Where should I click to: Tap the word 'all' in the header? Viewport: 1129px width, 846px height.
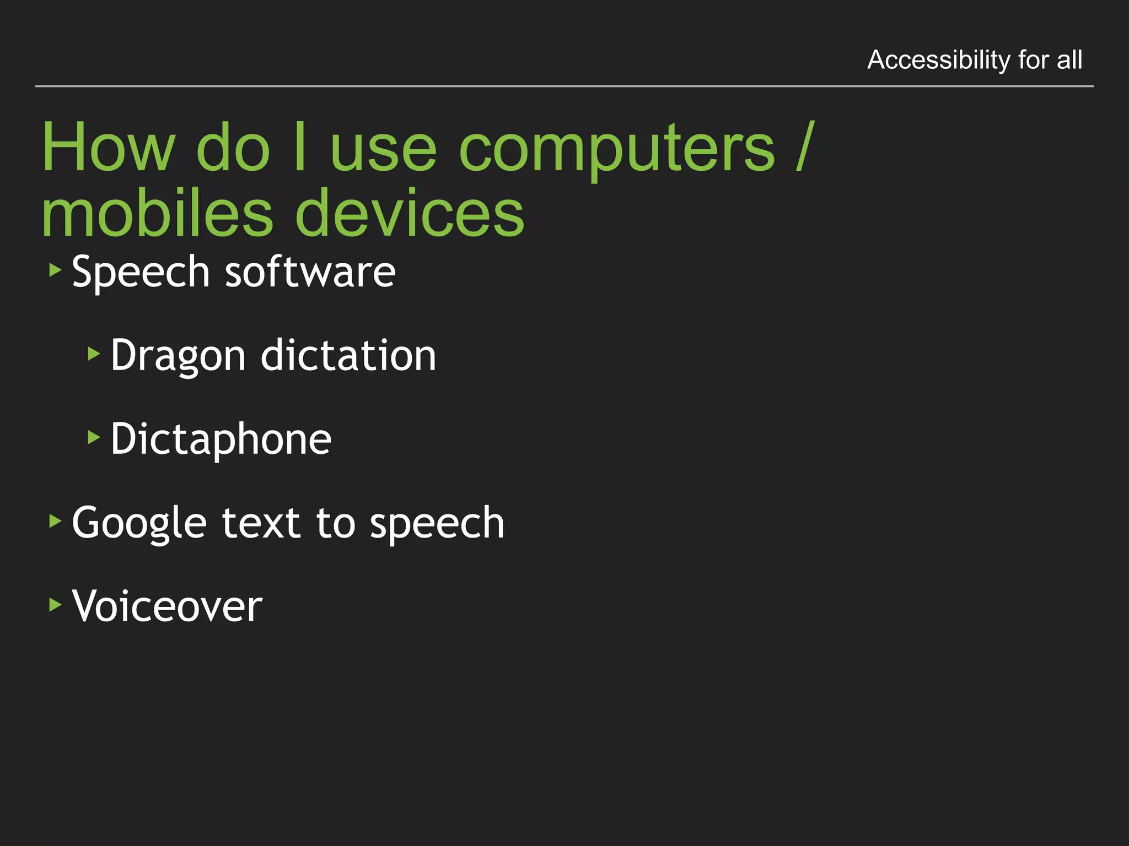pyautogui.click(x=1069, y=59)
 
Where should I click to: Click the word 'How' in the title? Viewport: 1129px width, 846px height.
pyautogui.click(x=108, y=148)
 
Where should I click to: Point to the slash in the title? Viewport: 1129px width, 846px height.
pyautogui.click(x=805, y=147)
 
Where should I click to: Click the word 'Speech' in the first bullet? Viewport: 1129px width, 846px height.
pyautogui.click(x=141, y=272)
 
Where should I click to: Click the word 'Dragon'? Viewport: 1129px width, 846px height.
pyautogui.click(x=178, y=356)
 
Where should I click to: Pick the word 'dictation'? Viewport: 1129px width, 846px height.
pyautogui.click(x=348, y=355)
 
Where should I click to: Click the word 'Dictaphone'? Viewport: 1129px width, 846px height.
pyautogui.click(x=221, y=440)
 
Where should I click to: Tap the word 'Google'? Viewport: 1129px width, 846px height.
pyautogui.click(x=139, y=523)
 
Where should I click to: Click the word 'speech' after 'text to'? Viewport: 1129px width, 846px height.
pyautogui.click(x=437, y=523)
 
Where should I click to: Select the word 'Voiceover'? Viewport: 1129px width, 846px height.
pyautogui.click(x=167, y=606)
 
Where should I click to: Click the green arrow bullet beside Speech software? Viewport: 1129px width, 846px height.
pyautogui.click(x=55, y=270)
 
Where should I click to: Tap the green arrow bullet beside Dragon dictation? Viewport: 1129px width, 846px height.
pyautogui.click(x=94, y=354)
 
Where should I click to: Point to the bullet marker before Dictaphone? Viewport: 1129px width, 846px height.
pyautogui.click(x=94, y=437)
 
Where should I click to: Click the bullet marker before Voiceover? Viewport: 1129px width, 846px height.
pyautogui.click(x=55, y=605)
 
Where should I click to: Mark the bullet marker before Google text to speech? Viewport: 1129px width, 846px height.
pyautogui.click(x=55, y=520)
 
